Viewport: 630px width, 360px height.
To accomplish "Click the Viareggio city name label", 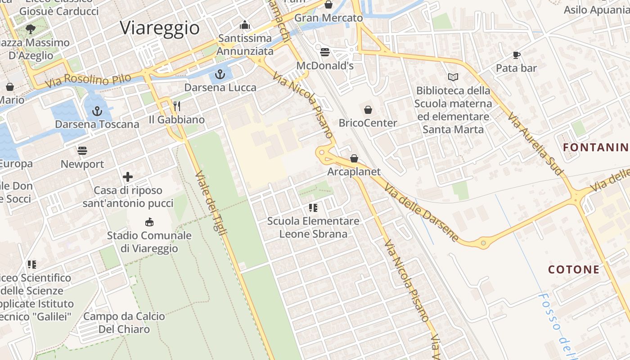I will tap(160, 28).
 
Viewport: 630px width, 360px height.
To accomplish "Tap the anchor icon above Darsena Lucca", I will tap(220, 74).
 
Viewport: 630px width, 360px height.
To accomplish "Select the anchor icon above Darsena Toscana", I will tap(97, 111).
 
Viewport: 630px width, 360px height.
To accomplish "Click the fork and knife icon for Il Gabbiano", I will tap(177, 106).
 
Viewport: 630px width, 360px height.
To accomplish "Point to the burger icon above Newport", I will tap(82, 150).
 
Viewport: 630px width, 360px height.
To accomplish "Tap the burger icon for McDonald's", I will tap(325, 52).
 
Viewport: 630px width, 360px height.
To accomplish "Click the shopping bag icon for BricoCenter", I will tap(368, 109).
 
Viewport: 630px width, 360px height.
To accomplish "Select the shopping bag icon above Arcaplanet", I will tap(354, 158).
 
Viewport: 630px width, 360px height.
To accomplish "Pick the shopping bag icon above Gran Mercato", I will tap(328, 5).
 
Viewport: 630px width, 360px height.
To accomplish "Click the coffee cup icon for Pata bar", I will tap(516, 55).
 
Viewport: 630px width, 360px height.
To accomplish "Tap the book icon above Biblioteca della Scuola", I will tap(453, 77).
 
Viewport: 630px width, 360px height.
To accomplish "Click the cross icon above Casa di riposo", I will tap(128, 177).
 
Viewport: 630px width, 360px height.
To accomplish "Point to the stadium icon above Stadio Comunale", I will tap(149, 222).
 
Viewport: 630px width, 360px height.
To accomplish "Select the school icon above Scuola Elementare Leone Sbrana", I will tap(313, 207).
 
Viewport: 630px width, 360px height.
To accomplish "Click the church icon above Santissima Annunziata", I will tap(245, 25).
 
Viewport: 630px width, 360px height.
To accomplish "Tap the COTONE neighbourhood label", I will tap(574, 270).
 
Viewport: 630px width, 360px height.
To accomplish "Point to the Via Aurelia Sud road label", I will tap(535, 144).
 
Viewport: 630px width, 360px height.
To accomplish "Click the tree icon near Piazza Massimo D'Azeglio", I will tap(31, 30).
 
